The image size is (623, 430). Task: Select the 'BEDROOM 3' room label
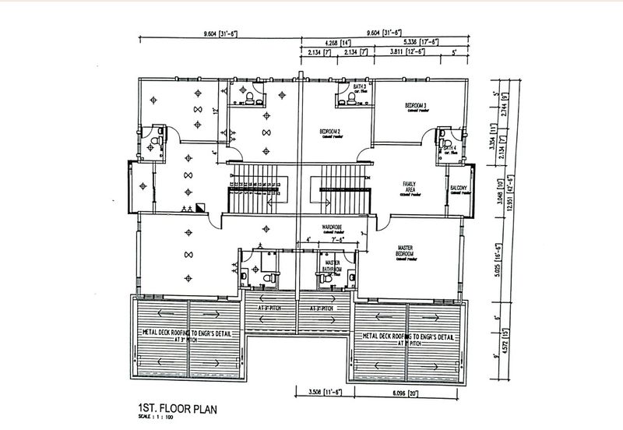(417, 105)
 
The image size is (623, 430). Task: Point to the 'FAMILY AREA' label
(409, 187)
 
